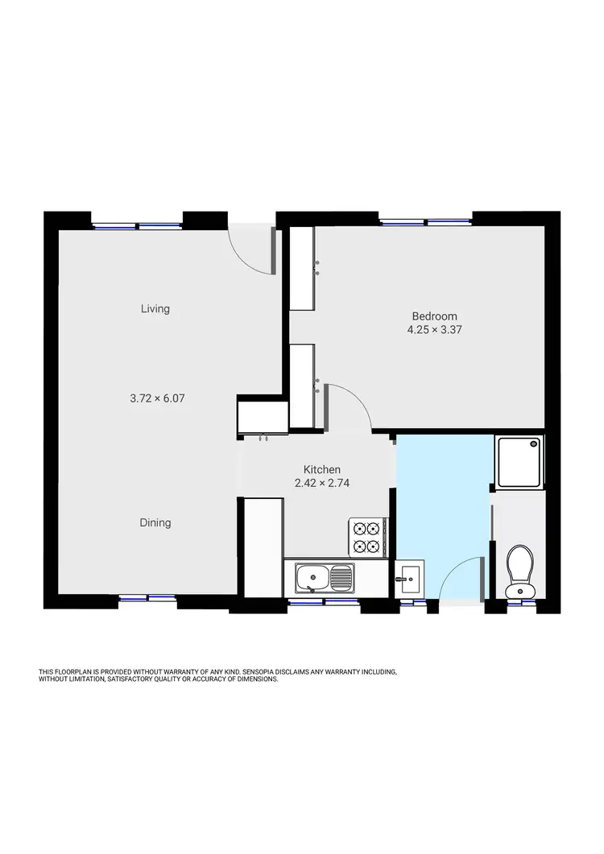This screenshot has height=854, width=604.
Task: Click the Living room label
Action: [155, 308]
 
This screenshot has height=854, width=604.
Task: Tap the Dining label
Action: [155, 522]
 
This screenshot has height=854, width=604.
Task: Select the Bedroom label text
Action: [435, 316]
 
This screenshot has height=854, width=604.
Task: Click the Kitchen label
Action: [321, 470]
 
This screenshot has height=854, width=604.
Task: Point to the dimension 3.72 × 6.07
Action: [158, 398]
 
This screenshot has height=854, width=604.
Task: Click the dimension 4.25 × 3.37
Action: [435, 329]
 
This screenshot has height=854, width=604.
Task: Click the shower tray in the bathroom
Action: [519, 462]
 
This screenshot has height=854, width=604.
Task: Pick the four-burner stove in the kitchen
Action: [366, 537]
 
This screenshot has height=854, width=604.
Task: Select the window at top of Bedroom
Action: [426, 222]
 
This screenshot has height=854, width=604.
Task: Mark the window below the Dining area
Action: [147, 598]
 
